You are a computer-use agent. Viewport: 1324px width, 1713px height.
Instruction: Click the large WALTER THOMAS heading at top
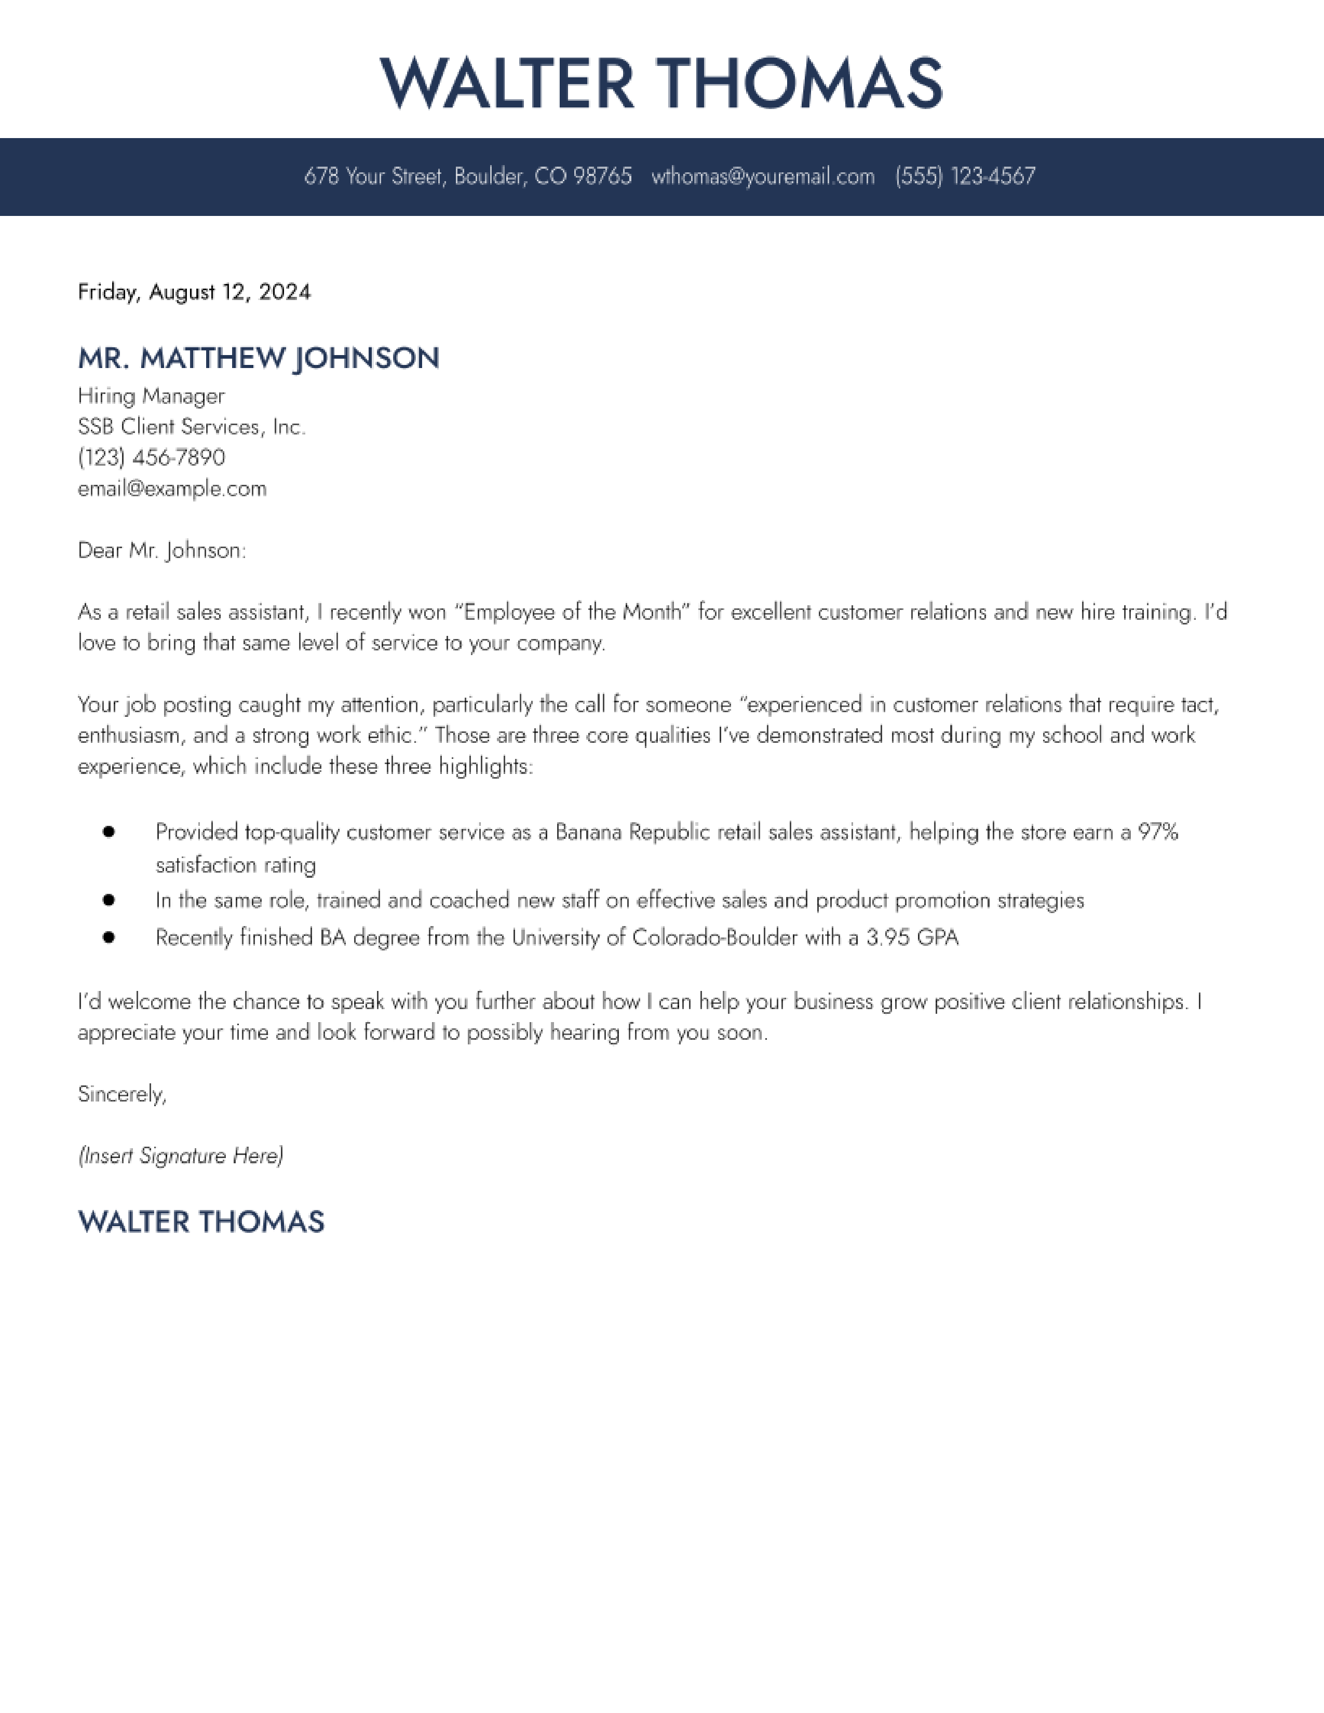[x=661, y=83]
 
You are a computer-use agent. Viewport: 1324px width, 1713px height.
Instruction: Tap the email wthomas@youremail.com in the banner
[x=762, y=176]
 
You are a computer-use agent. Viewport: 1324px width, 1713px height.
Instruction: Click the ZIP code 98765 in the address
[x=602, y=176]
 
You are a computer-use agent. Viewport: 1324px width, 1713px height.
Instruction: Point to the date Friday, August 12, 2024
[x=195, y=293]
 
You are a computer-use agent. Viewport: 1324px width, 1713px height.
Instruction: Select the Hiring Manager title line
[x=152, y=396]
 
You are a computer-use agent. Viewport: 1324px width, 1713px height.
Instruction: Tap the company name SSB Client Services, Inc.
[x=192, y=427]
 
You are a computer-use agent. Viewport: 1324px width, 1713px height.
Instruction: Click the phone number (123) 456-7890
[x=152, y=457]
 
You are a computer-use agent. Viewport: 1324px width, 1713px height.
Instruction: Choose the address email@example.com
[x=172, y=488]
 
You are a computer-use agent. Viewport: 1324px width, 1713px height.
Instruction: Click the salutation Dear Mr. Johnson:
[x=161, y=551]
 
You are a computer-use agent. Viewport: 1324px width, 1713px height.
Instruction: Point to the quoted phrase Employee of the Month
[x=573, y=612]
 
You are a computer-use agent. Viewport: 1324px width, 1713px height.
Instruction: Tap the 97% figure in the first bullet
[x=1158, y=832]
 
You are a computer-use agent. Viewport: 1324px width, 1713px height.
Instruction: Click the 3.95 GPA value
[x=912, y=937]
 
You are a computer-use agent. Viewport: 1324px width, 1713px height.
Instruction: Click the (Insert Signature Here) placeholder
[x=180, y=1156]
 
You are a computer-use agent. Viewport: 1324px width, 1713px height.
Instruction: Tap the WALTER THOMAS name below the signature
[x=201, y=1222]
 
